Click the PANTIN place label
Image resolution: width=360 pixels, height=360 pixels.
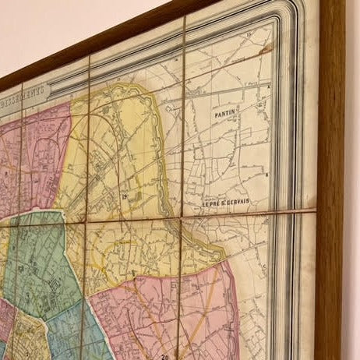pyautogui.click(x=224, y=114)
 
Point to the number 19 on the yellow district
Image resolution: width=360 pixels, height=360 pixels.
pyautogui.click(x=125, y=199)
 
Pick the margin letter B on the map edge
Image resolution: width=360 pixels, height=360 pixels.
pyautogui.click(x=266, y=175)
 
